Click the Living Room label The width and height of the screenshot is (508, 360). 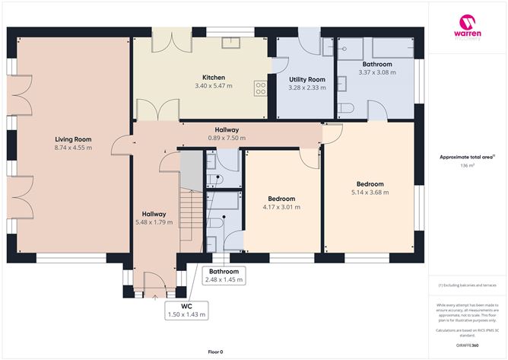[x=73, y=139]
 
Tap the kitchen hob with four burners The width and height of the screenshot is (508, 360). [x=261, y=88]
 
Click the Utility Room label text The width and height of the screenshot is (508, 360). [x=307, y=79]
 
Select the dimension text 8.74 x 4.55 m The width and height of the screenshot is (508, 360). [x=73, y=148]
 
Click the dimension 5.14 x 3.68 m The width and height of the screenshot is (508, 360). [x=370, y=193]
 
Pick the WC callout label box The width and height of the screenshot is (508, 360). [x=186, y=310]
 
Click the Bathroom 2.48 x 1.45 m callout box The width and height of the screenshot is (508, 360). [x=224, y=276]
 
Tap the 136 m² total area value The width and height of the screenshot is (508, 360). [x=467, y=165]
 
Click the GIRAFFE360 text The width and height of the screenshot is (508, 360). [x=467, y=345]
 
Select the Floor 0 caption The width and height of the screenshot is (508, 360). [x=215, y=352]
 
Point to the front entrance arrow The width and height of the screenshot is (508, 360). [x=154, y=297]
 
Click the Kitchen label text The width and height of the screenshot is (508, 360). [x=213, y=78]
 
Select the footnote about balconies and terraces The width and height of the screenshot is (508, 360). [x=467, y=285]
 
